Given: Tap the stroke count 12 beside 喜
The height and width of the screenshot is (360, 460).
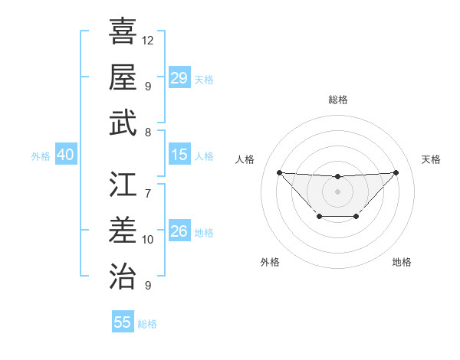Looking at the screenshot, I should pyautogui.click(x=148, y=40).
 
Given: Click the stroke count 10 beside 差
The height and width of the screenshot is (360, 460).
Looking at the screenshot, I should pyautogui.click(x=148, y=240).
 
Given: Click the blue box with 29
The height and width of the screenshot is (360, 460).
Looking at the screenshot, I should pyautogui.click(x=179, y=78).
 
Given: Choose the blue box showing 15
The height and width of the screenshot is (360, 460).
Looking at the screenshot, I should pyautogui.click(x=179, y=155).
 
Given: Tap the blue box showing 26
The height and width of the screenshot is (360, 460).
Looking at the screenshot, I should pyautogui.click(x=179, y=231).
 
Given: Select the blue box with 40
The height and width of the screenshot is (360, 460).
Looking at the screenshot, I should pyautogui.click(x=65, y=155).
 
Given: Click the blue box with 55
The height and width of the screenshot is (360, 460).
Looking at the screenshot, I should pyautogui.click(x=123, y=322).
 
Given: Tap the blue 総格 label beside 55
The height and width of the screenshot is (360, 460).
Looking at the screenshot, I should pyautogui.click(x=147, y=324).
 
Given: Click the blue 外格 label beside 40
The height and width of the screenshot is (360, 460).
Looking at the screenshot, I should pyautogui.click(x=41, y=156).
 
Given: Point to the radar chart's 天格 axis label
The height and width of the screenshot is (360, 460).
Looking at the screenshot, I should pyautogui.click(x=432, y=159).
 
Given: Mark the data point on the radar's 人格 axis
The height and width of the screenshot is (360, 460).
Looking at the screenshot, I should pyautogui.click(x=279, y=172).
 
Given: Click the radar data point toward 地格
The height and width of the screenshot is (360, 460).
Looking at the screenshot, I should pyautogui.click(x=356, y=217).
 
